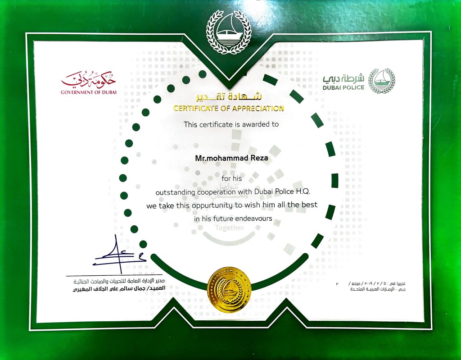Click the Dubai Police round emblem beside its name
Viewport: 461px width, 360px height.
click(381, 81)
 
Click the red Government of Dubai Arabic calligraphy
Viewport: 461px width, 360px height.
click(89, 80)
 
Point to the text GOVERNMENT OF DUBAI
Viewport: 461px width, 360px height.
click(89, 93)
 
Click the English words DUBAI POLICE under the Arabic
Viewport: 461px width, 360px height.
click(343, 87)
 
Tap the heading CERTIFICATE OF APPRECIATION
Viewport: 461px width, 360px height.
click(229, 108)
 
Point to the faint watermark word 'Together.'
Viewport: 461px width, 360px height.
click(230, 228)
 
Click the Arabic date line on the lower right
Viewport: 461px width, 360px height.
click(376, 283)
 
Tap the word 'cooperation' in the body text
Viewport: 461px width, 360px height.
click(217, 192)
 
